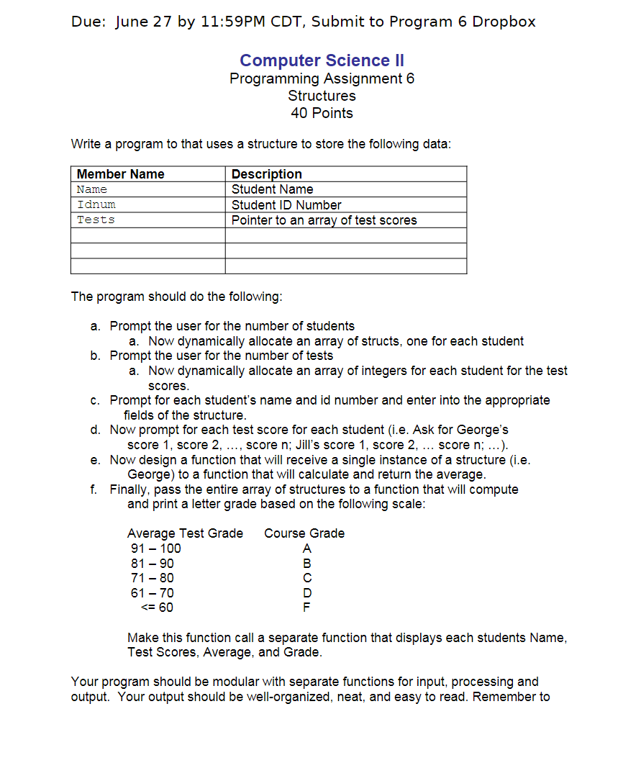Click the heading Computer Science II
coord(322,60)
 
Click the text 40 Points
coord(322,113)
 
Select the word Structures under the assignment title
coord(322,96)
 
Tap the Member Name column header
coord(121,174)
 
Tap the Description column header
coord(267,174)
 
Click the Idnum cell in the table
coord(96,205)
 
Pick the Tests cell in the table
coord(96,220)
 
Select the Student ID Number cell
coord(286,205)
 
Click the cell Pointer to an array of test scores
coord(324,220)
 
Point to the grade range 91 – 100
coord(154,548)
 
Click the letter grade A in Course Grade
coord(307,548)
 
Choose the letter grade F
coord(307,608)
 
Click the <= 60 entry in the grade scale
coord(156,608)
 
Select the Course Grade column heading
coord(304,533)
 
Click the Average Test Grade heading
coord(185,533)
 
